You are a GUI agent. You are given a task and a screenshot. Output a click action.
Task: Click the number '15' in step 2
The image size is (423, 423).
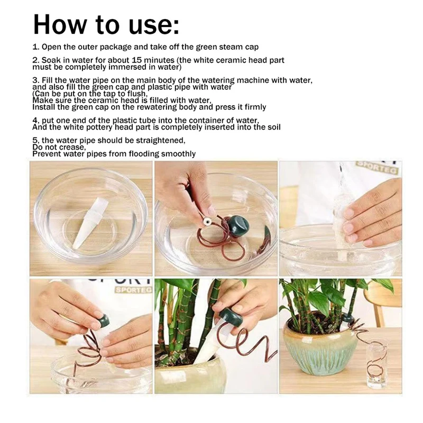click(137, 60)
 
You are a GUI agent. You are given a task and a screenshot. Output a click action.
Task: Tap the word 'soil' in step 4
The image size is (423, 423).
click(274, 127)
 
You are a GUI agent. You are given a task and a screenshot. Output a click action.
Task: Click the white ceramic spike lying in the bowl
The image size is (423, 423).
click(89, 223)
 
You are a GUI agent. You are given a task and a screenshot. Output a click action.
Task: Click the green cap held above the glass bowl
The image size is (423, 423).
click(237, 225)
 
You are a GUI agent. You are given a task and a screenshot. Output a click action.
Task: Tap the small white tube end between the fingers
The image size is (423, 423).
click(207, 222)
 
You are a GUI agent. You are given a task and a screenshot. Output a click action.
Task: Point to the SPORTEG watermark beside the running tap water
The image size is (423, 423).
click(376, 167)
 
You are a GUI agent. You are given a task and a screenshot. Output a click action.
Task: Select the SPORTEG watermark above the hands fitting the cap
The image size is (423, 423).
click(134, 290)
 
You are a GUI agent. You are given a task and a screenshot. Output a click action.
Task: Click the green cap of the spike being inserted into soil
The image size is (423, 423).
click(231, 318)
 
